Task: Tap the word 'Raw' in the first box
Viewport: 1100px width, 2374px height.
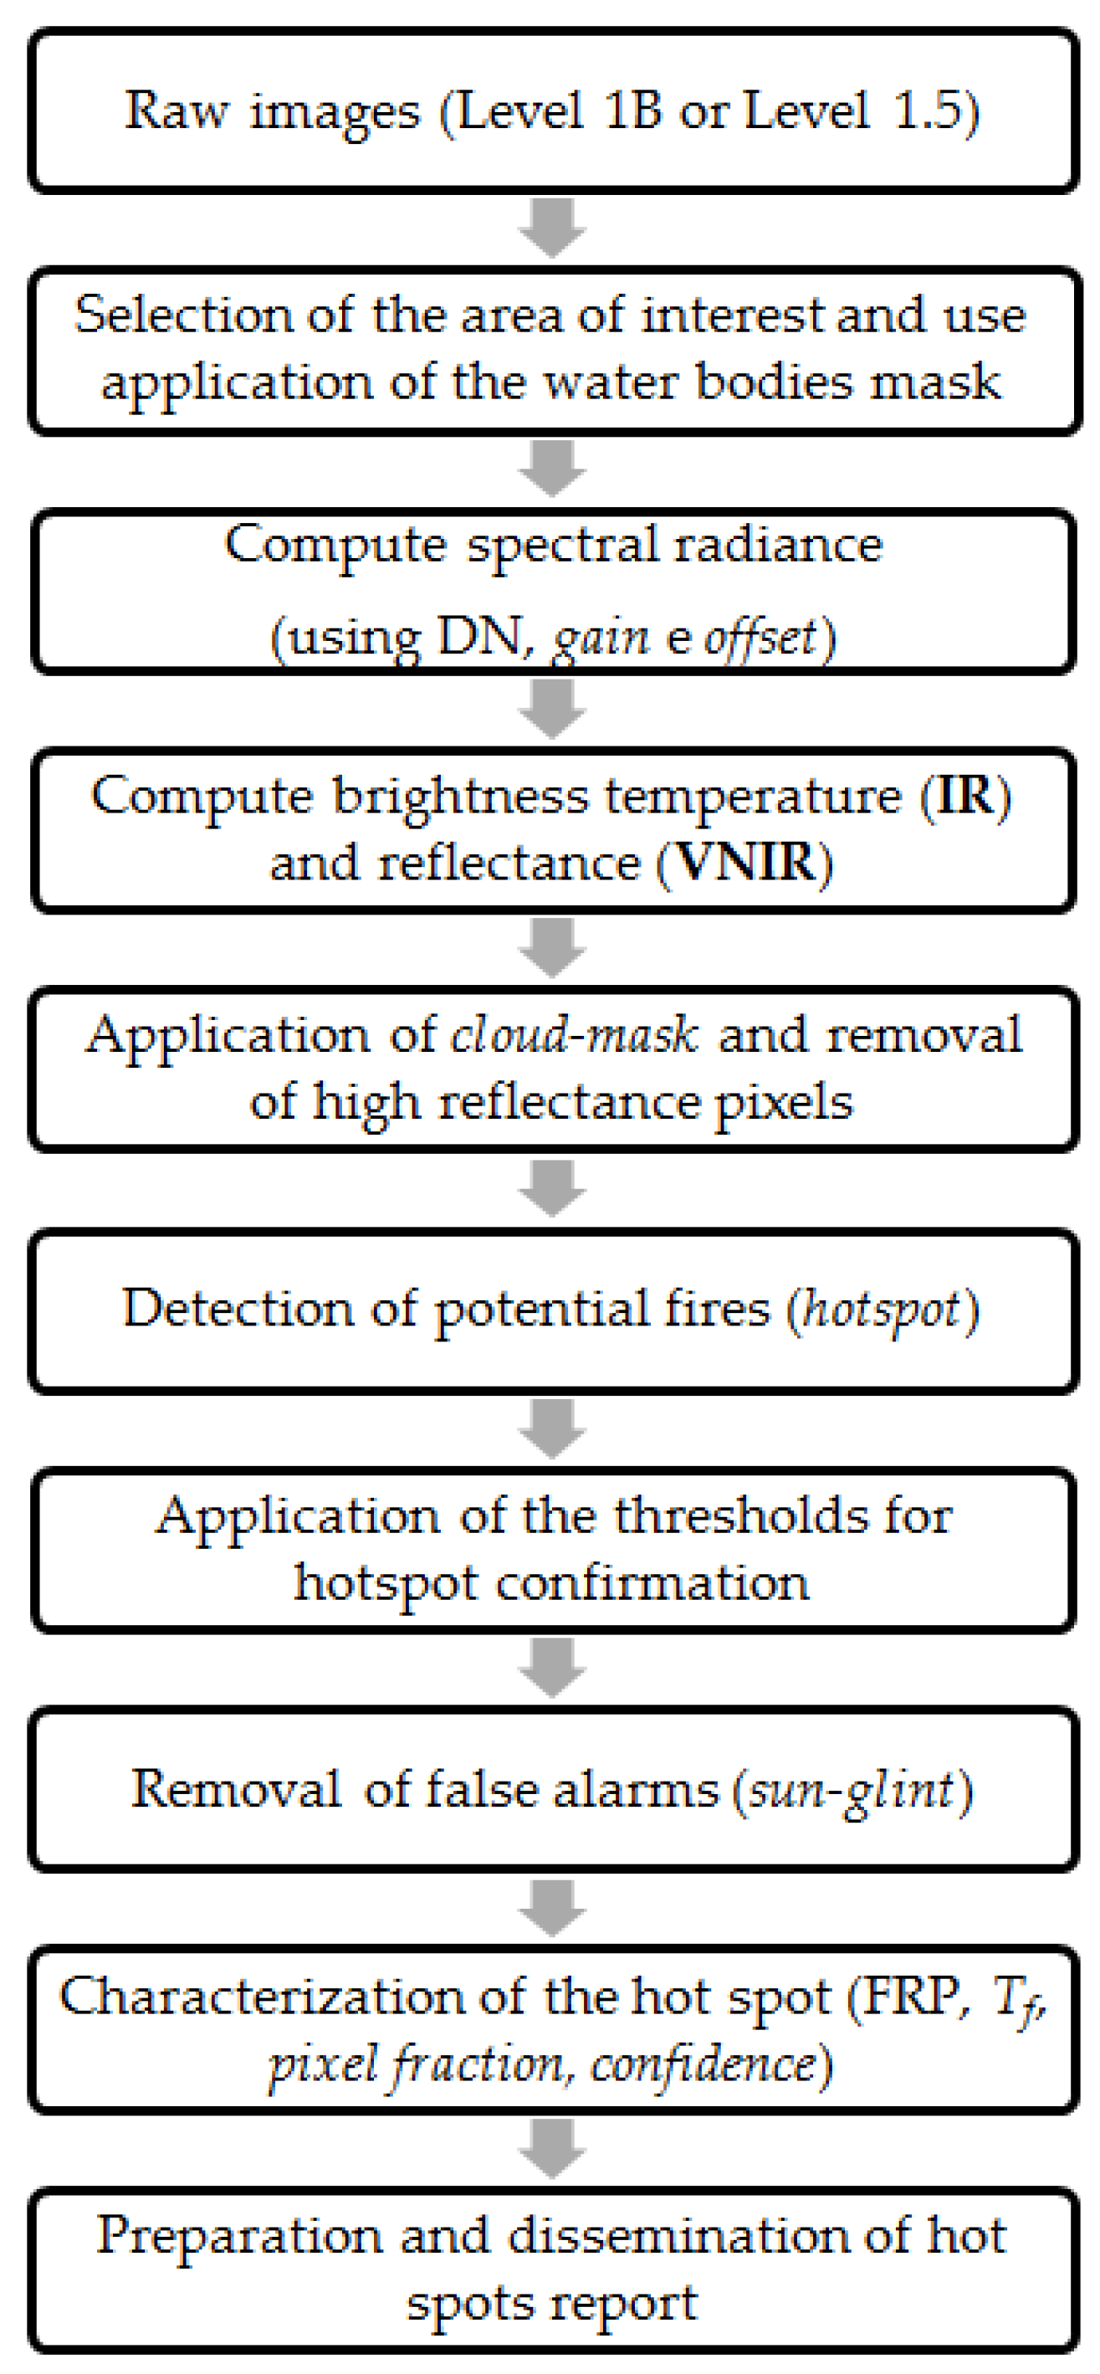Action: click(175, 110)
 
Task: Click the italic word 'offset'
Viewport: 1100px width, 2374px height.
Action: click(761, 637)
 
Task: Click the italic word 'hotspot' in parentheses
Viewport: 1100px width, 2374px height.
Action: click(882, 1309)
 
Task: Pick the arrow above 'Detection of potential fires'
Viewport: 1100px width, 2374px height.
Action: click(552, 1189)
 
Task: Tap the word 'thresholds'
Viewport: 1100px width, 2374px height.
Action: click(740, 1516)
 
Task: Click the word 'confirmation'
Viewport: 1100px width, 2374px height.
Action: click(652, 1584)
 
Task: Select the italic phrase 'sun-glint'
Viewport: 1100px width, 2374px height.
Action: click(852, 1790)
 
